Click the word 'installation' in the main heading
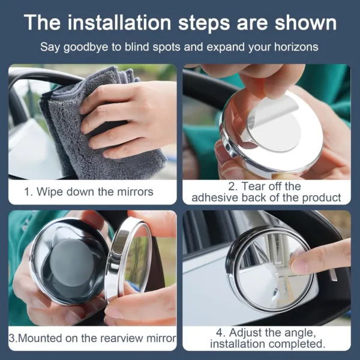click(119, 22)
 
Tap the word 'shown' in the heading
click(305, 22)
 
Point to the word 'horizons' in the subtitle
click(296, 47)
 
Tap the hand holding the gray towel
click(128, 119)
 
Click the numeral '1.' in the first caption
click(29, 192)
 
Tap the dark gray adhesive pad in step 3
click(69, 262)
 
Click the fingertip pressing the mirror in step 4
click(298, 262)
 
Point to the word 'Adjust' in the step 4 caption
click(245, 332)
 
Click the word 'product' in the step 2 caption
click(322, 198)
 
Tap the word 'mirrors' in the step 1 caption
click(135, 192)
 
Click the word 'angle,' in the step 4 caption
click(301, 333)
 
